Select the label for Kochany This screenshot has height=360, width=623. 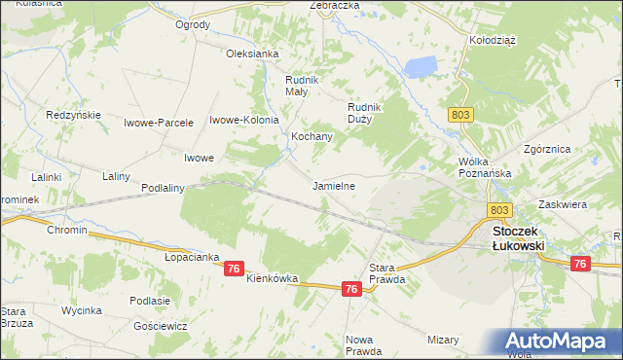pos(311,137)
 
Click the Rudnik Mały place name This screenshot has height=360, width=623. pos(296,86)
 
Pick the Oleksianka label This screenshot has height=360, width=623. pos(253,54)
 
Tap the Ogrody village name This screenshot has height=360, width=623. pos(192,24)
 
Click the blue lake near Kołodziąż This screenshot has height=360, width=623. pos(421,67)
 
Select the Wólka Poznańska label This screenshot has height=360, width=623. pos(484,167)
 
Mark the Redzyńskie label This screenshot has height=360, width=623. pos(74,115)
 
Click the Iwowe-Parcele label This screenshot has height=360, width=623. pos(159,123)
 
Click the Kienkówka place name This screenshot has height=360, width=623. pos(272,278)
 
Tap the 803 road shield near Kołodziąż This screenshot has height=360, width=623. pos(461,115)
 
